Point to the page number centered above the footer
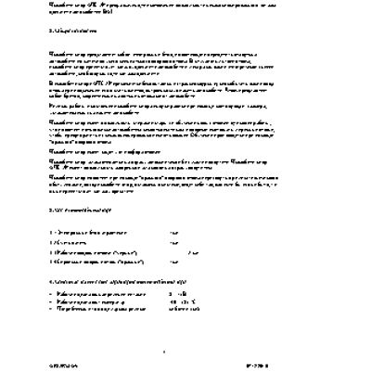(162, 350)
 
